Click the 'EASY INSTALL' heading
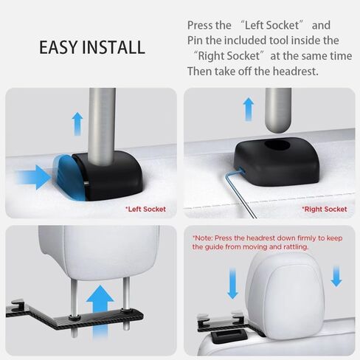[x=92, y=47]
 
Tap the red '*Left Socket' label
[x=145, y=210]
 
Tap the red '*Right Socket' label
[x=325, y=210]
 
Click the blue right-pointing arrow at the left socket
[x=34, y=177]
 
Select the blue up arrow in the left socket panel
[x=77, y=124]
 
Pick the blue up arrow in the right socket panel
[x=249, y=109]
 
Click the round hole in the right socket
[x=277, y=145]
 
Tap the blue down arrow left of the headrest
[x=232, y=283]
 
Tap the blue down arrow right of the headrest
[x=336, y=277]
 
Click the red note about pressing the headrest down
[x=267, y=242]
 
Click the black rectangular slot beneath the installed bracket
[x=229, y=334]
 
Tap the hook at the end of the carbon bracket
[x=17, y=305]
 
